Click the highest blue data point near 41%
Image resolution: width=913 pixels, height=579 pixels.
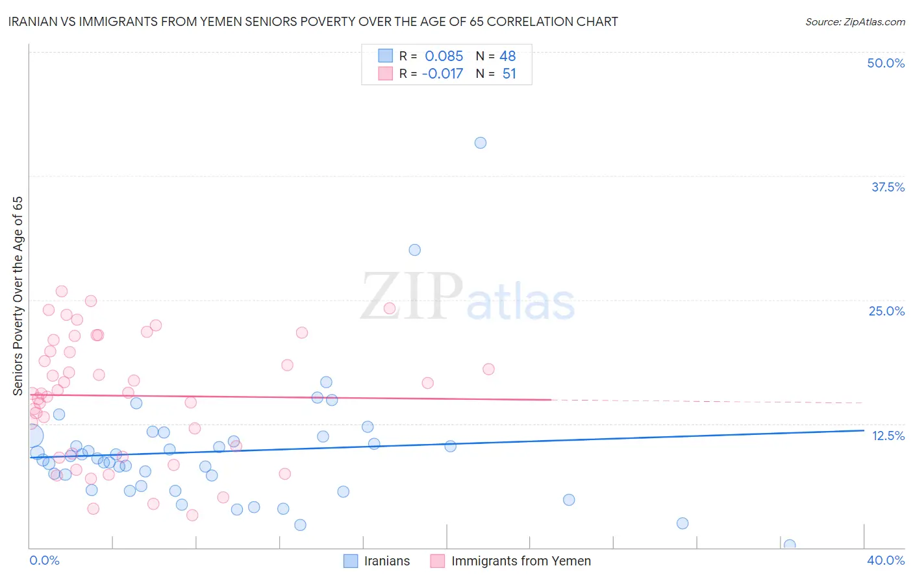[481, 143]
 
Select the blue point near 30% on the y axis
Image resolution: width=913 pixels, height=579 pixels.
[415, 250]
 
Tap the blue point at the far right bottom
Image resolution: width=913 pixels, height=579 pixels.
[790, 545]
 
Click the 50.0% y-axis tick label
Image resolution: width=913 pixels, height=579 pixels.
[886, 64]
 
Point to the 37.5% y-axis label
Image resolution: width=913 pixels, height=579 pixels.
[888, 188]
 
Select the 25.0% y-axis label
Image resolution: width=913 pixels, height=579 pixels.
[886, 312]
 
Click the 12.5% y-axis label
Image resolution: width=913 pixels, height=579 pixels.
[888, 436]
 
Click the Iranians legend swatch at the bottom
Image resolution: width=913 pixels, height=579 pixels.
[351, 561]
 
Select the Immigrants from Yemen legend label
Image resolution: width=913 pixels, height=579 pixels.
[521, 561]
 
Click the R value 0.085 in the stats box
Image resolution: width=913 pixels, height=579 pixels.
[444, 56]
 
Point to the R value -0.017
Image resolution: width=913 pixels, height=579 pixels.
[442, 74]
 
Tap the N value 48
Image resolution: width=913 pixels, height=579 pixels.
[508, 56]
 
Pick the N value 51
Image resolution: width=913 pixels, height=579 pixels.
[509, 74]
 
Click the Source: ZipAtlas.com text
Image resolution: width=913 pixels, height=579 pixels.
[855, 22]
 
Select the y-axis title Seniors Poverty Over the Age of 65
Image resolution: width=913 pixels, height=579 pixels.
[18, 296]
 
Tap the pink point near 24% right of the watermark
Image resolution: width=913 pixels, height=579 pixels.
[390, 308]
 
